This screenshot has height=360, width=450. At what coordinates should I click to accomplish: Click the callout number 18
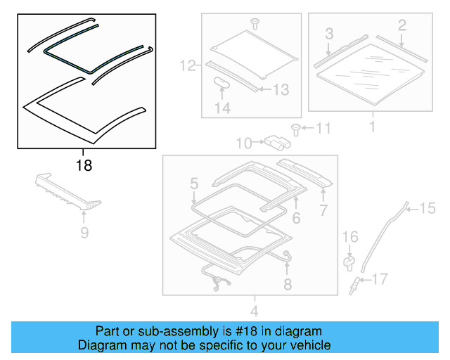tap(83, 166)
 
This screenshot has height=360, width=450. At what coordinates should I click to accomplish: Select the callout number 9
tap(84, 233)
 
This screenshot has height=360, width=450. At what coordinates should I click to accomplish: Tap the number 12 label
tap(188, 67)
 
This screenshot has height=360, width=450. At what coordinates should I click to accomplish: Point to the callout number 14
tap(222, 108)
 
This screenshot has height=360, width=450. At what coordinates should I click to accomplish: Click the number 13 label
tap(280, 89)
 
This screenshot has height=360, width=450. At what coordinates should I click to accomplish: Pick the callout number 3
tap(328, 33)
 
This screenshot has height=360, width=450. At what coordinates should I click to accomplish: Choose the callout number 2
tap(401, 26)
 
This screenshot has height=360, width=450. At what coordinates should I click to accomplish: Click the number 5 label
tap(193, 184)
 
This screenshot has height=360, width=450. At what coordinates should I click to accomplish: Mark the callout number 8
tap(287, 284)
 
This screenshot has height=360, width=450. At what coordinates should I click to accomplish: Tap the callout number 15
tap(427, 207)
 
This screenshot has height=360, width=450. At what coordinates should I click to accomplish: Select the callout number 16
tap(350, 238)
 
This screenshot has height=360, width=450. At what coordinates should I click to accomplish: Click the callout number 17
tap(379, 280)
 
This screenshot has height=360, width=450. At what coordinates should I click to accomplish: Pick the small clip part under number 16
tap(348, 262)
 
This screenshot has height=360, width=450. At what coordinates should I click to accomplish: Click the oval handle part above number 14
tap(223, 83)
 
